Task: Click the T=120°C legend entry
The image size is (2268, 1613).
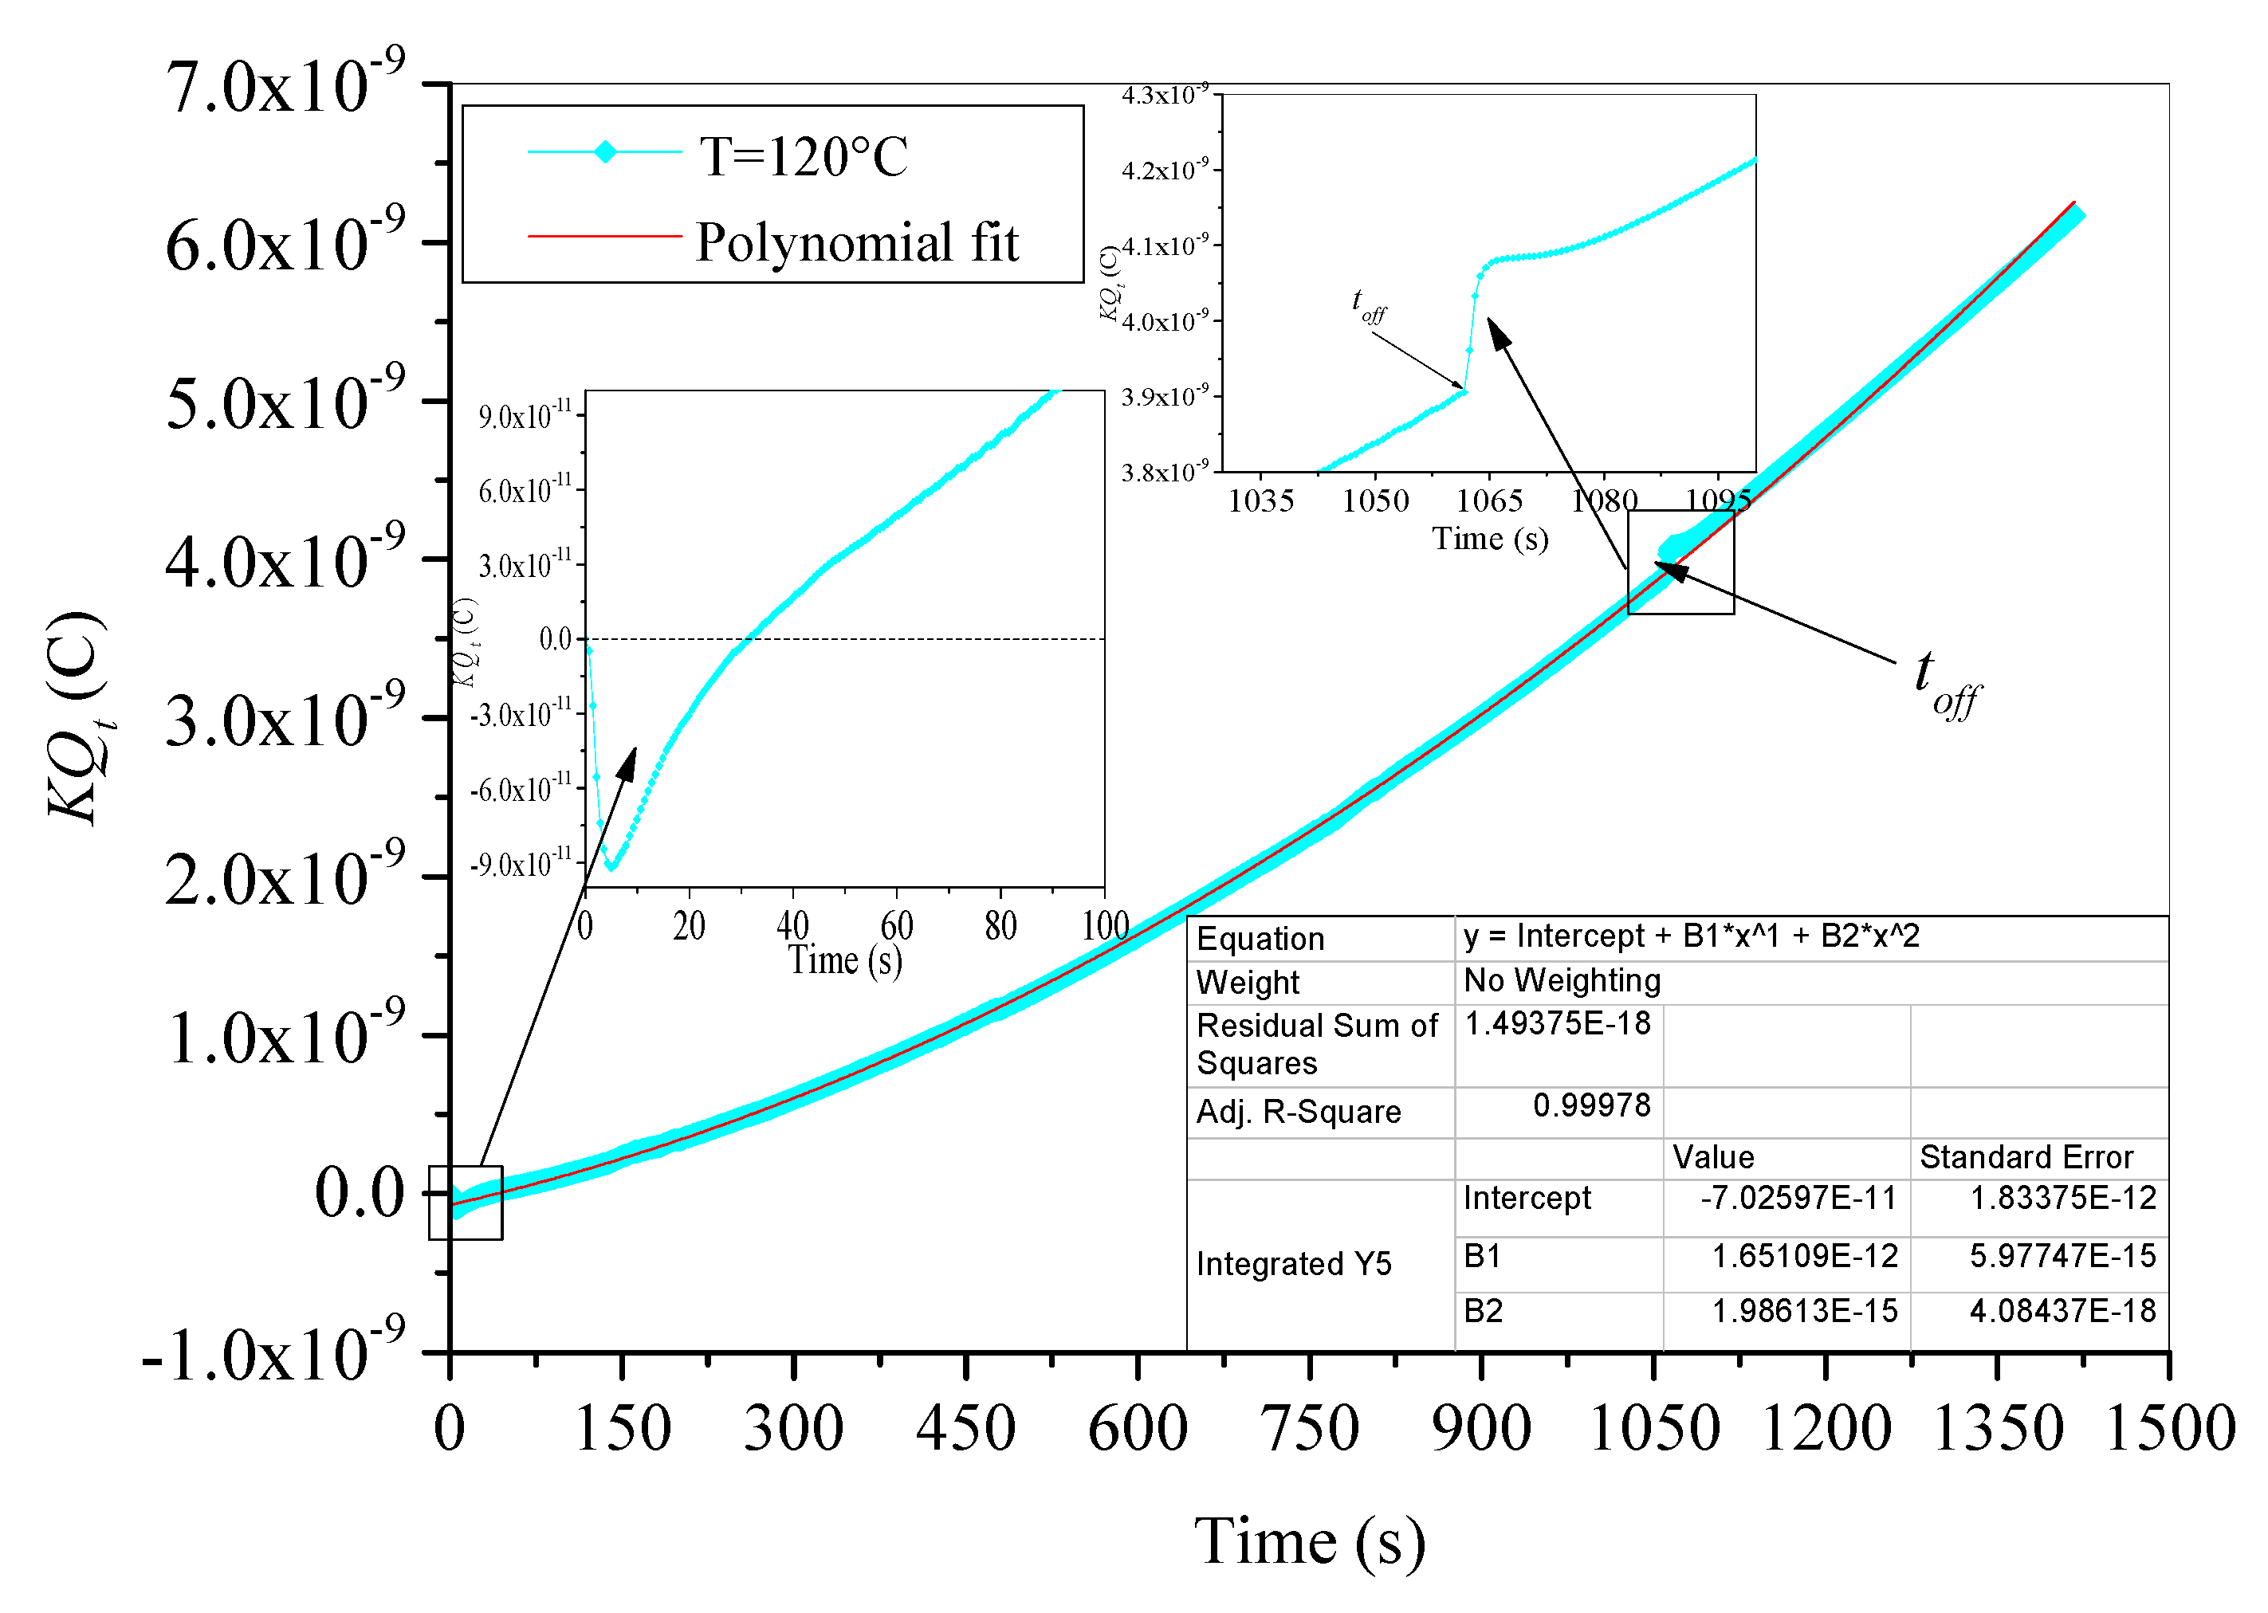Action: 803,156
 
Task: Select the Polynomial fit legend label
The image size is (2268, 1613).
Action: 856,242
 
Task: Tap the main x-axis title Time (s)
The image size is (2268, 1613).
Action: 1309,1543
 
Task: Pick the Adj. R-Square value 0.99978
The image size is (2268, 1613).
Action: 1590,1105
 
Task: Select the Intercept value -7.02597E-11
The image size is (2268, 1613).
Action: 1798,1199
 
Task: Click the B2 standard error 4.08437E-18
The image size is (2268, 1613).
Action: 2062,1311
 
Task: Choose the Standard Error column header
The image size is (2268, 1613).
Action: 2026,1157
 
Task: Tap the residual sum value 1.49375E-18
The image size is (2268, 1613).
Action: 1557,1023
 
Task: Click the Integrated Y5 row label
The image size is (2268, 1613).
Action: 1294,1265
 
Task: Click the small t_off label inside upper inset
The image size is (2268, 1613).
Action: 1368,306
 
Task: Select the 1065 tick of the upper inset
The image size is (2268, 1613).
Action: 1489,500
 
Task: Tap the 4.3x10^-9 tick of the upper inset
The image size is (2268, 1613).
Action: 1165,96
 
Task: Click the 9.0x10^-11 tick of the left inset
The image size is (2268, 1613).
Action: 525,414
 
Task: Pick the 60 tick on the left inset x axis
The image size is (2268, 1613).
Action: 896,927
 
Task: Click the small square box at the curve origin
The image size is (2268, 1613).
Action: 465,1203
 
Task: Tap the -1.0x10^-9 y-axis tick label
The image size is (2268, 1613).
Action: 273,1356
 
